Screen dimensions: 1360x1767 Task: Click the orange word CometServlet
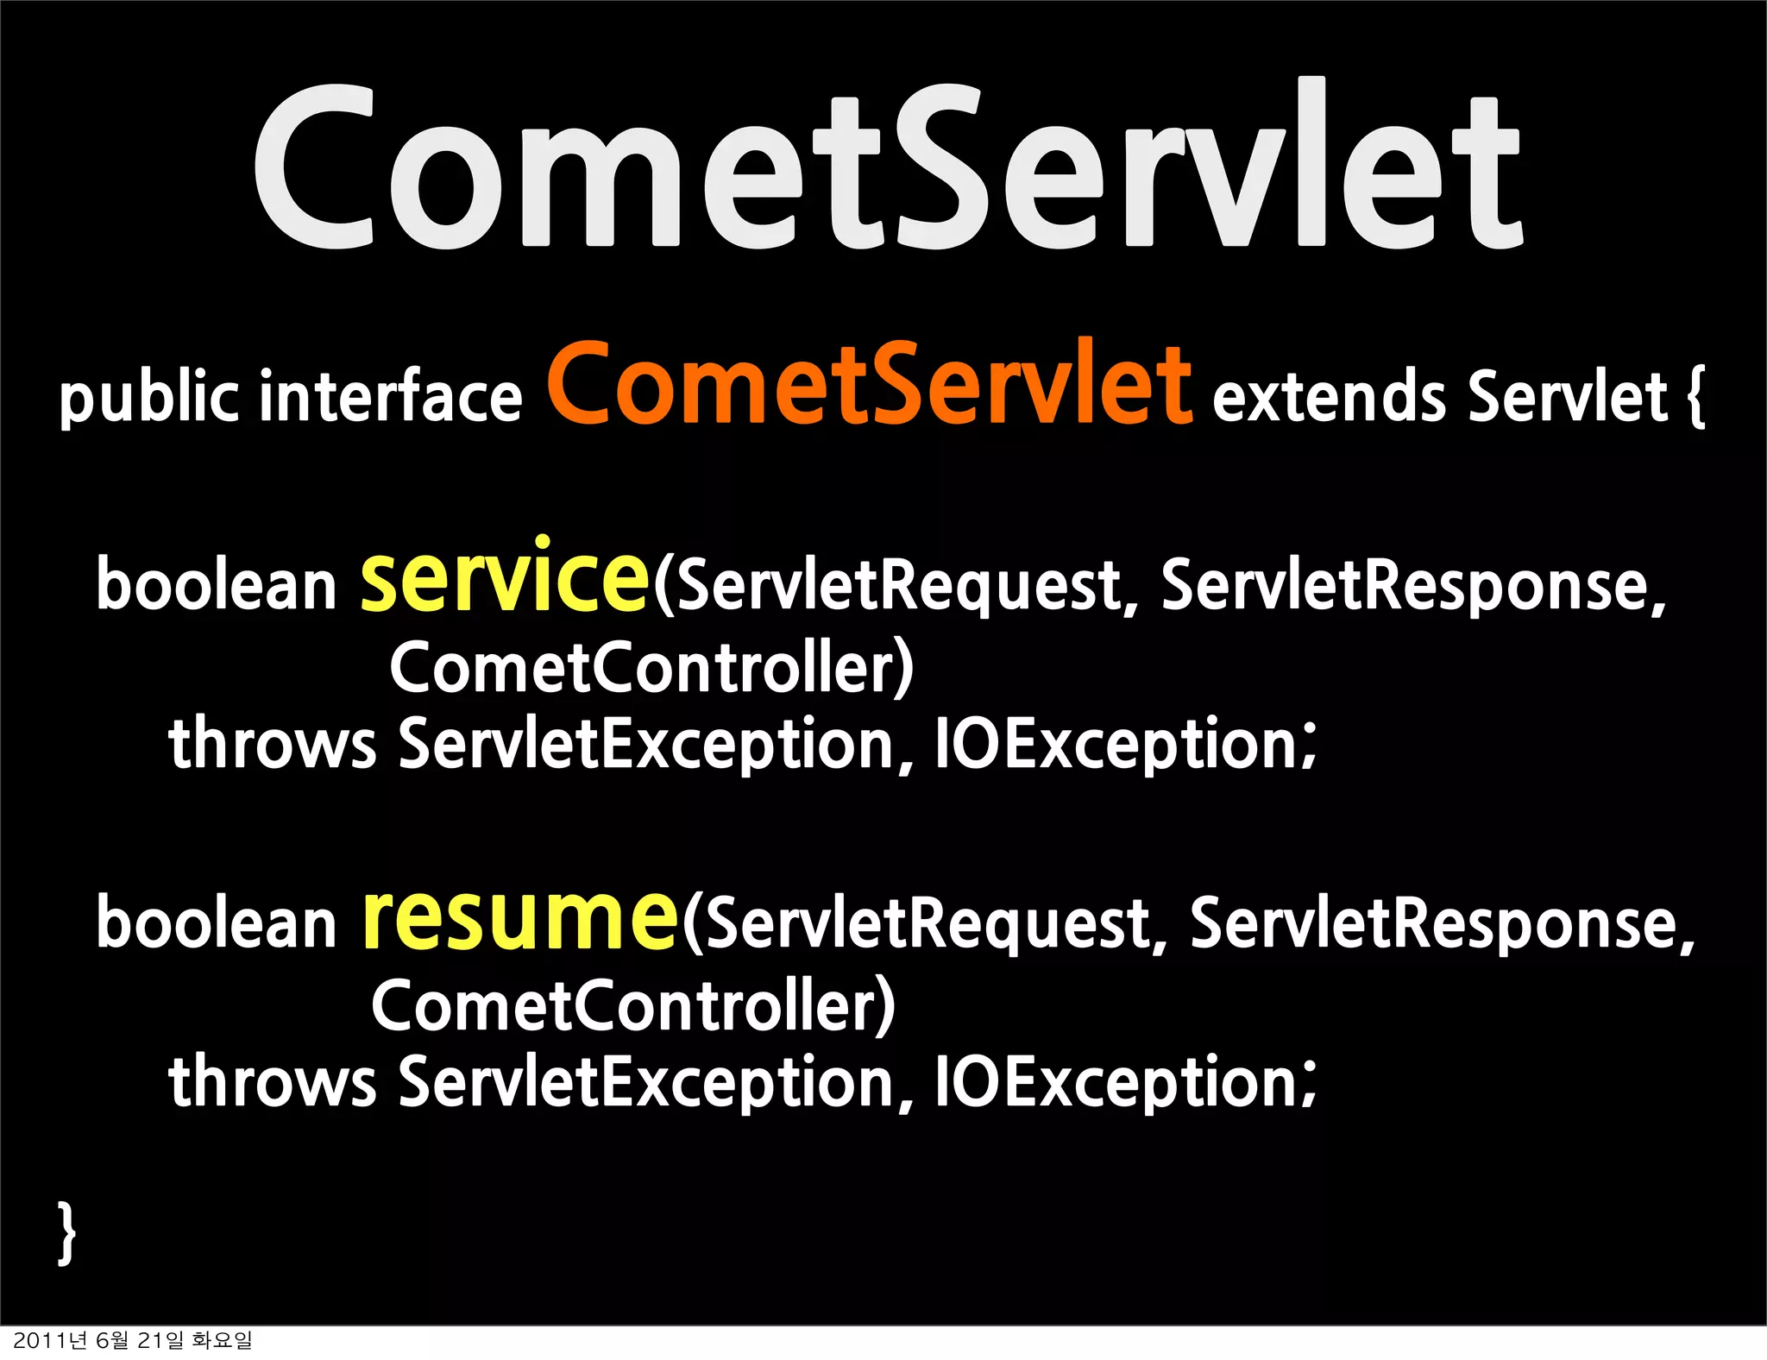click(870, 384)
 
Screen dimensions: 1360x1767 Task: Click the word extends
click(1329, 397)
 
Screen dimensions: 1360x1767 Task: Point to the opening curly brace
click(1695, 397)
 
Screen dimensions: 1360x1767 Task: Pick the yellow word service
click(505, 576)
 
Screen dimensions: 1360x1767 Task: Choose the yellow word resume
click(520, 916)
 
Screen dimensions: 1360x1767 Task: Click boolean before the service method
click(216, 585)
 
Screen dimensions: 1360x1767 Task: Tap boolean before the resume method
click(216, 923)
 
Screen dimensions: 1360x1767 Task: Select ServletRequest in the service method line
click(897, 587)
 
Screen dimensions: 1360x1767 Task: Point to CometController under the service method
click(651, 667)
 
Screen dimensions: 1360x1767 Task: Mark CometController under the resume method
click(633, 1005)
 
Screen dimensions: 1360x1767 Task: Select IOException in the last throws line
click(1126, 1081)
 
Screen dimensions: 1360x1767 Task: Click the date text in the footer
click(133, 1340)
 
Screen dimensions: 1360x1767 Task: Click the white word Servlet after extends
click(1568, 397)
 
